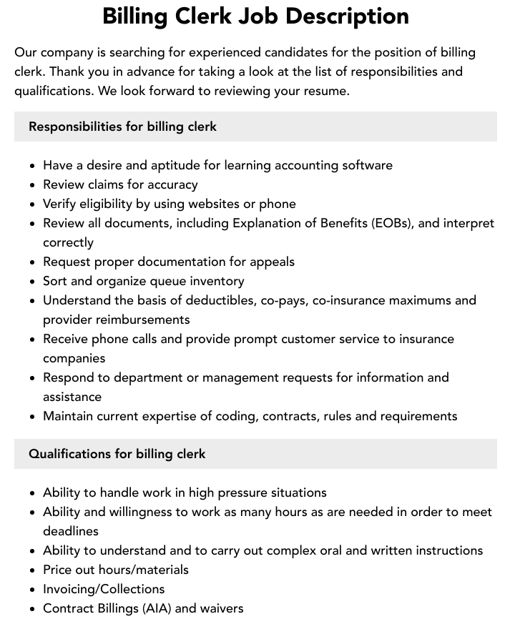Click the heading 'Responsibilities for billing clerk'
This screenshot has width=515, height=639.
click(122, 127)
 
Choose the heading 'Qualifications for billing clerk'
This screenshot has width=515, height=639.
click(117, 454)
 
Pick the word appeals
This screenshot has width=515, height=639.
click(272, 262)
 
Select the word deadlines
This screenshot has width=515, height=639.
click(71, 531)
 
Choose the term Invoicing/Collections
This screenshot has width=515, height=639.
click(104, 589)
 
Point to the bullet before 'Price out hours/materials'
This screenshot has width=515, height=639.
click(33, 570)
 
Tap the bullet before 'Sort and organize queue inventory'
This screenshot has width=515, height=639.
click(33, 282)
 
